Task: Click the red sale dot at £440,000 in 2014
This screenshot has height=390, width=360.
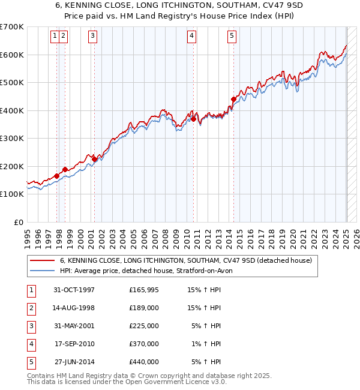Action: [233, 100]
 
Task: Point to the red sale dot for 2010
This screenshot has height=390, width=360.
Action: [194, 119]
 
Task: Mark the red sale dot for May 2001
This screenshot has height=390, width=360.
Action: [94, 159]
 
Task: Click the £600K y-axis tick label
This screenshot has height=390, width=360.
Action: [11, 55]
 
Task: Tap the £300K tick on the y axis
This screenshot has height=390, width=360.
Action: [11, 139]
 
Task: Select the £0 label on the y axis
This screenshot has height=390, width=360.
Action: [18, 222]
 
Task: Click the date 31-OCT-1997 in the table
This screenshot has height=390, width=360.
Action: [74, 290]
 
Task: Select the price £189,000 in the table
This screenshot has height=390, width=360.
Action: [144, 308]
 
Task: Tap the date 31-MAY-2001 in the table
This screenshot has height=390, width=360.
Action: [74, 326]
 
